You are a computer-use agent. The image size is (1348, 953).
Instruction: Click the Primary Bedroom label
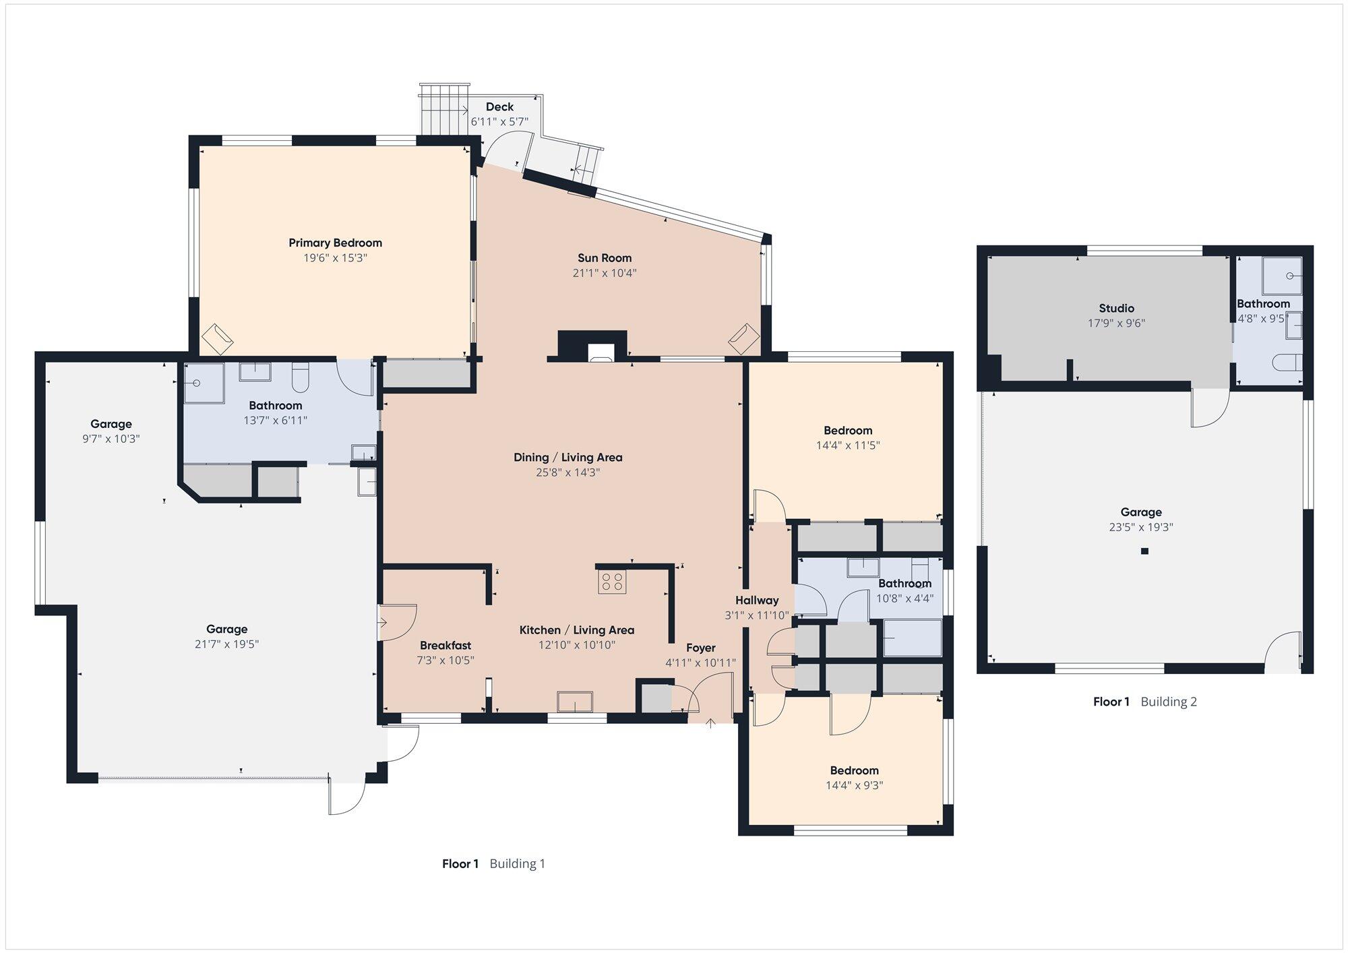pos(335,243)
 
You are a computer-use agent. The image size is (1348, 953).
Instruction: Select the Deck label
pos(499,106)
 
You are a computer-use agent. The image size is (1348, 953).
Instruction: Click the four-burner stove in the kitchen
pos(612,582)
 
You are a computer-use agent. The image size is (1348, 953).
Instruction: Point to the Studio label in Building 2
pos(1116,308)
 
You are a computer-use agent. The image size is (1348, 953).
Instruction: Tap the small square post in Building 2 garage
pos(1144,551)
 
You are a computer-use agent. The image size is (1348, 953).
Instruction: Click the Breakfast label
pos(445,645)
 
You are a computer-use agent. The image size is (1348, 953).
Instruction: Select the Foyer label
pos(700,648)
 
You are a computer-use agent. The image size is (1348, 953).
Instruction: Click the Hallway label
pos(757,600)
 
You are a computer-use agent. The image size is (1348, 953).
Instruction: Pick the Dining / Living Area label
pos(568,457)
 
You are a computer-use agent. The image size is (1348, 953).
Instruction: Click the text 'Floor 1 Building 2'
pos(1144,702)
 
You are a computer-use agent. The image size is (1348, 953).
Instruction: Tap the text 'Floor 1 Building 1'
pos(493,863)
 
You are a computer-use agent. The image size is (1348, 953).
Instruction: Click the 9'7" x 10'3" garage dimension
pos(111,439)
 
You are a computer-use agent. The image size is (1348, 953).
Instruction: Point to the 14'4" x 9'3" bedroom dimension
pos(854,785)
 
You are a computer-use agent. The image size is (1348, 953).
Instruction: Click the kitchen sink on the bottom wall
pos(574,702)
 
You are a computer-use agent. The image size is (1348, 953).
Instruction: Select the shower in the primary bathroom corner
pos(204,383)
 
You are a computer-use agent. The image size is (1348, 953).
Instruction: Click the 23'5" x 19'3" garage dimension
pos(1141,527)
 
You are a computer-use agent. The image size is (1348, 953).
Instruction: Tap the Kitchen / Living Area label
pos(576,630)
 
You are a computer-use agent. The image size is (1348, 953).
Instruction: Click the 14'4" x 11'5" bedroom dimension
pos(848,445)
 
